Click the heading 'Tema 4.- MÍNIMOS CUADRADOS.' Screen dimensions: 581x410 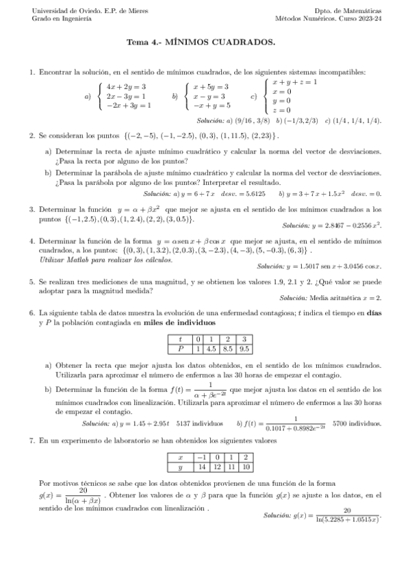pyautogui.click(x=201, y=42)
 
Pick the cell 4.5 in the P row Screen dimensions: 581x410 pyautogui.click(x=213, y=348)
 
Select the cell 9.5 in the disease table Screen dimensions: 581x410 pyautogui.click(x=244, y=348)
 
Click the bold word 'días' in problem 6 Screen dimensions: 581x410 pyautogui.click(x=374, y=312)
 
